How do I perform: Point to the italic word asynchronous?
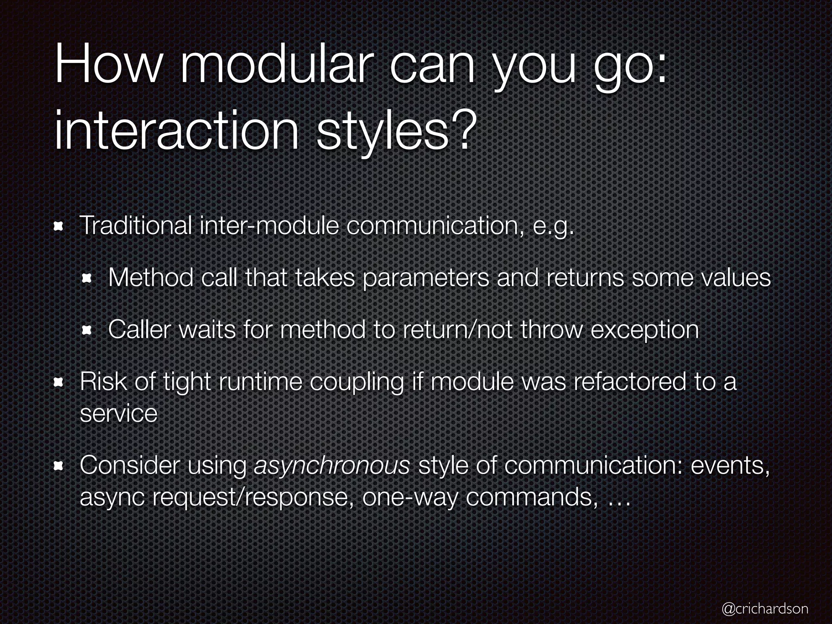[331, 466]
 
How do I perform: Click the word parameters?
[425, 279]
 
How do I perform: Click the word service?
[119, 414]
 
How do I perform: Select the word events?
[730, 466]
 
